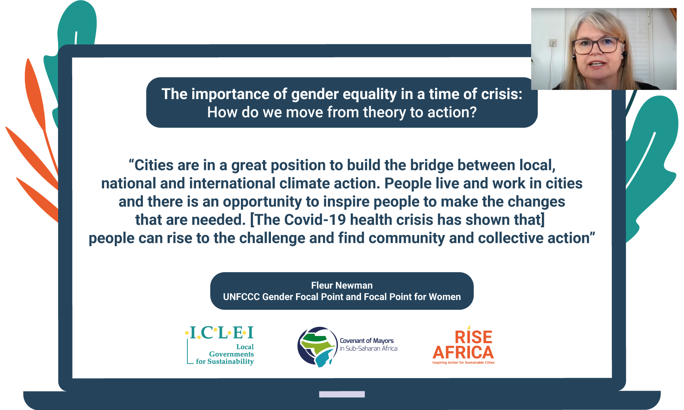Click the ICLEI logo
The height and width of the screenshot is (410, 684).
pos(220,345)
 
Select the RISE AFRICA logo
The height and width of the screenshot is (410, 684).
pos(464,345)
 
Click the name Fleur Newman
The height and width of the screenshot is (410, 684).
pos(342,285)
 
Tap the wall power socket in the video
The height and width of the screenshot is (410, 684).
pos(553,43)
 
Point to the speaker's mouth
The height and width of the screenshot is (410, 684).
pos(597,64)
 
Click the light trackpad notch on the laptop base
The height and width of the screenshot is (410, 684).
pos(342,394)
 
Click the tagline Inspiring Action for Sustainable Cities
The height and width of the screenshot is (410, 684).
pos(464,363)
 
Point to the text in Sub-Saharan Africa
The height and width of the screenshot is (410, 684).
pos(369,348)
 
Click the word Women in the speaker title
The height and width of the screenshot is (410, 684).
pos(445,297)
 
